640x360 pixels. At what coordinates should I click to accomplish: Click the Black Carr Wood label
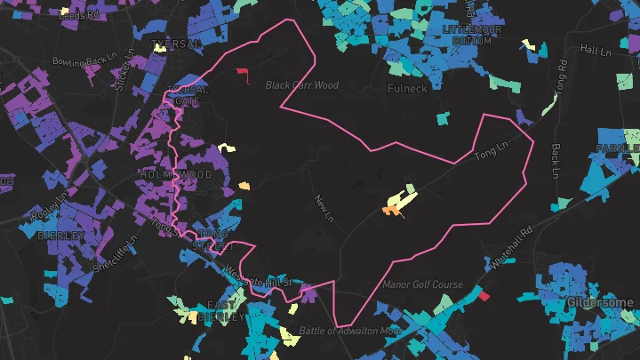coord(302,85)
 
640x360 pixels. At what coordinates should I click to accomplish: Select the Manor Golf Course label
coord(422,284)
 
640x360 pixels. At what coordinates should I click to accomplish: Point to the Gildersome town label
coord(601,302)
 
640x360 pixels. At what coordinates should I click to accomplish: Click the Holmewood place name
coord(176,174)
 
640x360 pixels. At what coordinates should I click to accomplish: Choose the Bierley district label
coord(60,236)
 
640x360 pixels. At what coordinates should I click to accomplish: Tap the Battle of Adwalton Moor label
coord(348,331)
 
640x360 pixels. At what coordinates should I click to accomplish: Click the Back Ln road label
coord(555,161)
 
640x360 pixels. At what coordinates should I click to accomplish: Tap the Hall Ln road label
coord(596,51)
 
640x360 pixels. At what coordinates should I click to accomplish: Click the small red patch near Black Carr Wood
coord(242,72)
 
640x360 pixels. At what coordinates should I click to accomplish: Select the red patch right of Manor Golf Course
coord(484,294)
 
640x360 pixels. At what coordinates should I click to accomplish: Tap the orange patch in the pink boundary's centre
coord(390,210)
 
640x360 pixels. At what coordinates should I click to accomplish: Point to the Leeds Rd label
coord(77,15)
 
